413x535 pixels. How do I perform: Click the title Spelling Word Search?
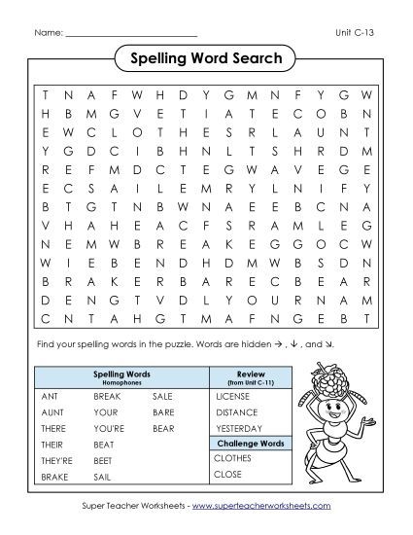(206, 59)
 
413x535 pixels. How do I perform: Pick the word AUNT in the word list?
(52, 412)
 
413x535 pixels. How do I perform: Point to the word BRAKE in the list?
(55, 477)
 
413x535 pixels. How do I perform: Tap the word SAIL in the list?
(103, 477)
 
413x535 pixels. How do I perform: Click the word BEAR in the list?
(163, 429)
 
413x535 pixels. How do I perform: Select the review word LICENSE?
(232, 397)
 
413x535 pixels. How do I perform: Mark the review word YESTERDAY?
(239, 429)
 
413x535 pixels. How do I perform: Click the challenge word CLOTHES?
(233, 458)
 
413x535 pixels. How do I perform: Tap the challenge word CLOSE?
(228, 475)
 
